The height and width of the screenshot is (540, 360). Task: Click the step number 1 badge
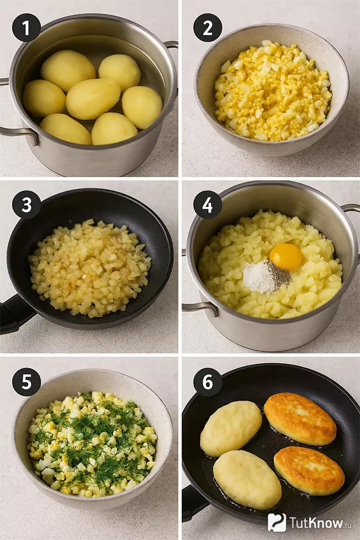tap(26, 28)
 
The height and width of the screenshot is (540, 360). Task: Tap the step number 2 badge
tap(207, 28)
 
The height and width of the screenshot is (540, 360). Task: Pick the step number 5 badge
tap(26, 382)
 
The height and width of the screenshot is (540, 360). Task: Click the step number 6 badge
tap(207, 382)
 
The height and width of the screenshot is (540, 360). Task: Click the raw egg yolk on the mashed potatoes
tap(286, 256)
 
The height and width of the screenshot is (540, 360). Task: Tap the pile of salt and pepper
tap(266, 276)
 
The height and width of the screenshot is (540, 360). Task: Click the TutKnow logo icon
tap(276, 522)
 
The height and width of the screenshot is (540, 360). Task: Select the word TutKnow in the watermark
tap(316, 522)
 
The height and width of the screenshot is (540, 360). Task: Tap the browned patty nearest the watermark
tap(309, 471)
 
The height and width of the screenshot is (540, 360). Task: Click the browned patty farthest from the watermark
tap(300, 419)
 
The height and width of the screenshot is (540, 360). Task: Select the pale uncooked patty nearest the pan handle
tap(247, 480)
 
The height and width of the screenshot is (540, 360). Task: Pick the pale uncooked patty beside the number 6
tap(231, 429)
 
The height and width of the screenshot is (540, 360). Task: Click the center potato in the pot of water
tap(93, 99)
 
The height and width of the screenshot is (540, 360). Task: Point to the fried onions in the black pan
tap(90, 267)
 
